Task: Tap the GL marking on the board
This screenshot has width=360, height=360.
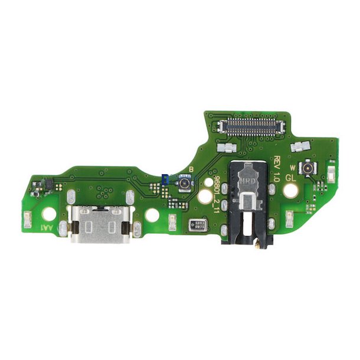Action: [290, 176]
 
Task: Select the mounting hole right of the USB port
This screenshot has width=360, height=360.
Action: [152, 216]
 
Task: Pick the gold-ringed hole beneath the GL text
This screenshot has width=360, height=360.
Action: [290, 191]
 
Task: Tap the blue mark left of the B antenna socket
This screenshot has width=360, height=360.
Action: [165, 177]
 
